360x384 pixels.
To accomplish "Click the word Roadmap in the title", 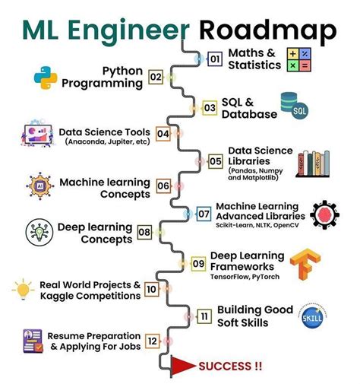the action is [x=268, y=31].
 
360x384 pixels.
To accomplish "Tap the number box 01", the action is [x=215, y=59].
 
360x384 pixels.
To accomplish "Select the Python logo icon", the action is [x=46, y=78].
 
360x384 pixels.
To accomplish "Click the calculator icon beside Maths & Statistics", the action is [x=298, y=60].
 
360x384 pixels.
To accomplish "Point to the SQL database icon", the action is [x=295, y=106].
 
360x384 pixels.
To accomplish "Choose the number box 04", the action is [x=163, y=134].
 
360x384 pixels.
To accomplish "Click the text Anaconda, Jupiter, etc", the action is [x=107, y=141].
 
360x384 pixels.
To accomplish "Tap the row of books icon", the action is [x=313, y=163].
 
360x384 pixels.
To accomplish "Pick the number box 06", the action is [x=163, y=186].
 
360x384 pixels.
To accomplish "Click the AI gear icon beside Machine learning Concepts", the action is [x=40, y=186].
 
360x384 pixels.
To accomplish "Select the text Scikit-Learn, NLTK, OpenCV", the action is [x=257, y=225].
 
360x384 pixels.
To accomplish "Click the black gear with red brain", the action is [x=324, y=215].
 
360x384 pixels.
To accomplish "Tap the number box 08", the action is [x=144, y=232].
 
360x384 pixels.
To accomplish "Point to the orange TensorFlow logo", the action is [x=305, y=265].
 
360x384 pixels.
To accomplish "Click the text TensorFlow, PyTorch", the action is [x=245, y=277].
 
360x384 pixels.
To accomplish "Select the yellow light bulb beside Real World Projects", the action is [x=23, y=289].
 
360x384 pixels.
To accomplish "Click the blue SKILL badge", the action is [x=313, y=317].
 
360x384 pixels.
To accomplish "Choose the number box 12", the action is [x=153, y=341].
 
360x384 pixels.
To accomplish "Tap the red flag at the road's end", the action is [x=182, y=366].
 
